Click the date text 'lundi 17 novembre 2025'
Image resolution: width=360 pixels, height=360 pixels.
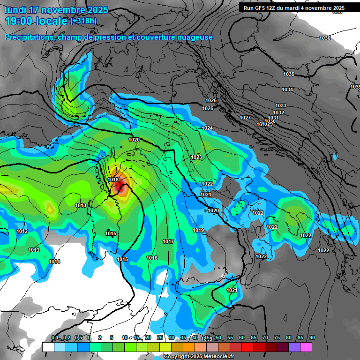(x=56, y=10)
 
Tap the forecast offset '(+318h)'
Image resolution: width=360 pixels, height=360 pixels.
(x=83, y=21)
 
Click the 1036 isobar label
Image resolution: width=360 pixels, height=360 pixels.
(x=324, y=38)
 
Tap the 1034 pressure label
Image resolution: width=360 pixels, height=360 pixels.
(x=287, y=90)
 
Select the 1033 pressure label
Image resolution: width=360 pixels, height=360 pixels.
(x=281, y=105)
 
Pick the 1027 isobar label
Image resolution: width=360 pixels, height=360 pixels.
(x=245, y=118)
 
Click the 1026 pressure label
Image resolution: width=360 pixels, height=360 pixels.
(x=211, y=100)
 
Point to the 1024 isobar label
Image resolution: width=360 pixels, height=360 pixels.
(x=207, y=128)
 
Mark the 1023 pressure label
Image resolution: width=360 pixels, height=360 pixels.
(x=196, y=157)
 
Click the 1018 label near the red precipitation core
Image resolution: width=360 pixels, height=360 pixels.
(x=113, y=180)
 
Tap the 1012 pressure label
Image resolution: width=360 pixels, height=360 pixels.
(x=22, y=231)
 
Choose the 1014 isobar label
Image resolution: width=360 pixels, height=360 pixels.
(x=54, y=262)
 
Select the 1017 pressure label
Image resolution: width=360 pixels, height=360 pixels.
(x=168, y=241)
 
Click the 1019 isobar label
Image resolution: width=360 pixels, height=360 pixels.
(x=198, y=230)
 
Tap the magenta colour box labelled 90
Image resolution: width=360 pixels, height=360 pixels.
(x=306, y=347)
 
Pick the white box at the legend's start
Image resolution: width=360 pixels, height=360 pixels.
(x=48, y=347)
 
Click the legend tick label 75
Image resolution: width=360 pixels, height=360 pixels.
(x=277, y=337)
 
